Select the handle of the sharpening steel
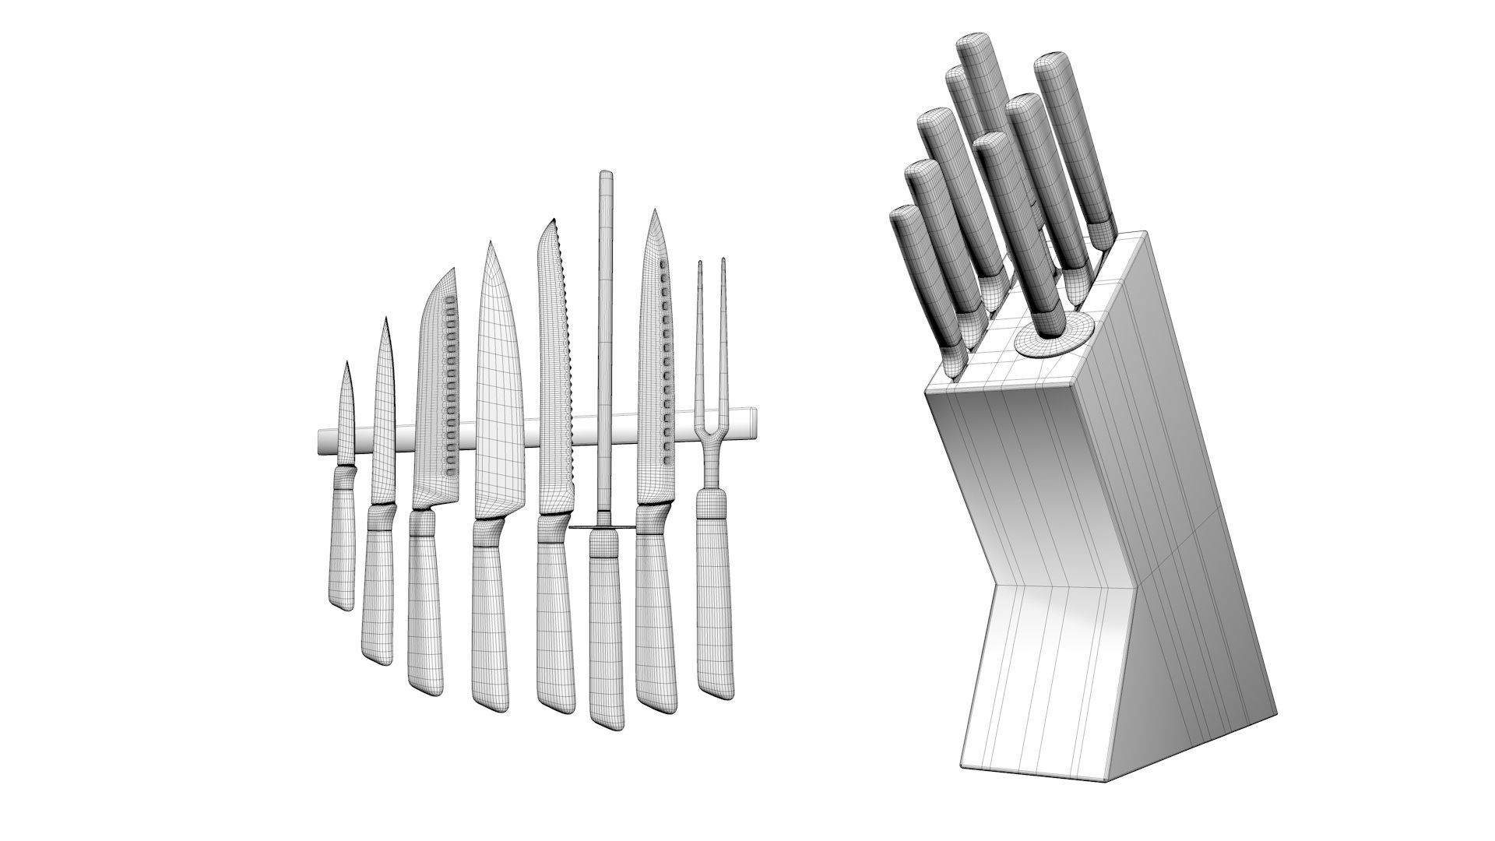pyautogui.click(x=606, y=623)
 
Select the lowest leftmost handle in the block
pyautogui.click(x=923, y=273)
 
